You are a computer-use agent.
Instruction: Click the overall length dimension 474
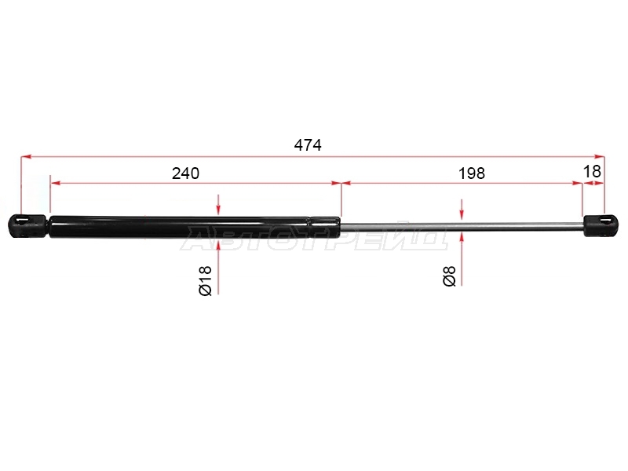pyautogui.click(x=308, y=145)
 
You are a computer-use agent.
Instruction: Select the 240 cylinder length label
pyautogui.click(x=185, y=173)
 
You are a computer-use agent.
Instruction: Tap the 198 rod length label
pyautogui.click(x=472, y=173)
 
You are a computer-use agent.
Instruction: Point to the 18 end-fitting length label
pyautogui.click(x=592, y=171)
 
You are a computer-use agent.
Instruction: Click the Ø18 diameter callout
pyautogui.click(x=205, y=280)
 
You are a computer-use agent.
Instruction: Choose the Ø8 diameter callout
pyautogui.click(x=449, y=276)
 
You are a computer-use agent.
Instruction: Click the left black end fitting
pyautogui.click(x=27, y=226)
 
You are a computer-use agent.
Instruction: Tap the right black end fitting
pyautogui.click(x=601, y=225)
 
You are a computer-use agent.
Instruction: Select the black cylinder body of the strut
pyautogui.click(x=195, y=228)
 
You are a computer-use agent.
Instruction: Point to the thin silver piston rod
pyautogui.click(x=462, y=226)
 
